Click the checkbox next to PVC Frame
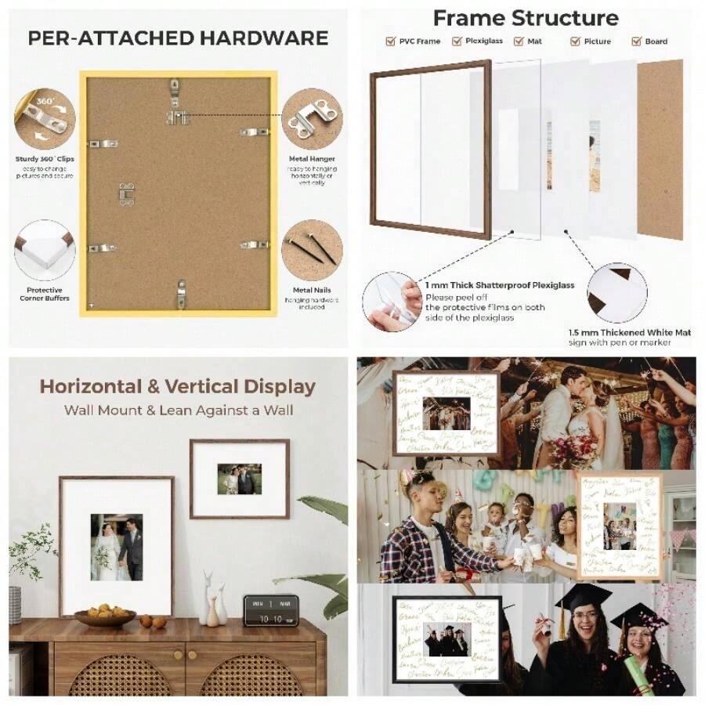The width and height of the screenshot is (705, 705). pos(390,42)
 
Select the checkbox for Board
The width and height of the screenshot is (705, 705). pos(636,42)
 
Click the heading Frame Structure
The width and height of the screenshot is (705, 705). pos(525,17)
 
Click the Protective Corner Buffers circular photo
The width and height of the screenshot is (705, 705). pos(45,249)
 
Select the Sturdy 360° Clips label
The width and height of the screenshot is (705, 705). pos(45,159)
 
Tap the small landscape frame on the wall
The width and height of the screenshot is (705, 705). pos(239,479)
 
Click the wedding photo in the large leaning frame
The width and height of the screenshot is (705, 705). pos(116,547)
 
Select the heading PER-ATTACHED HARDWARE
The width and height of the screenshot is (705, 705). pos(178,38)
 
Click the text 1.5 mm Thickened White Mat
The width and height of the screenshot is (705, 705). pos(630,332)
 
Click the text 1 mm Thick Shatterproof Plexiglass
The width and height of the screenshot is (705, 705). pos(500,285)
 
